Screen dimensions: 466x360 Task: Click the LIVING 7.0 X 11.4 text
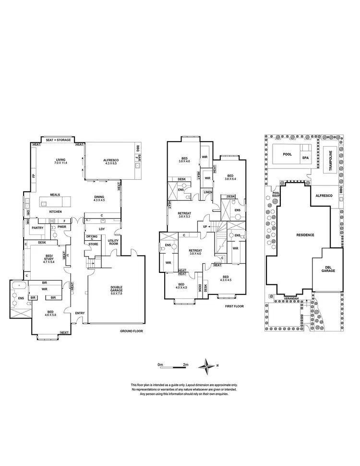point(60,162)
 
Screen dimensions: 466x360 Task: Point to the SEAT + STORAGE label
point(58,140)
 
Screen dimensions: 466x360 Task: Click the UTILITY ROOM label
point(113,242)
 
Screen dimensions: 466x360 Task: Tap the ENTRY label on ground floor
point(80,313)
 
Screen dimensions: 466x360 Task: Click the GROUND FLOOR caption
point(132,331)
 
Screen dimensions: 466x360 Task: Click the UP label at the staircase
point(206,226)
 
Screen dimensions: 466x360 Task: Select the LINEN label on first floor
point(207,193)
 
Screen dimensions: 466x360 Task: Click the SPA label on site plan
point(305,158)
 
